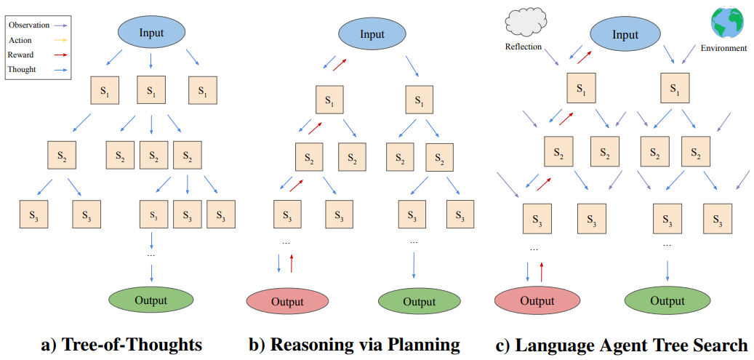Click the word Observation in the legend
point(29,25)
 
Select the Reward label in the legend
point(21,55)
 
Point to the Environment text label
point(723,48)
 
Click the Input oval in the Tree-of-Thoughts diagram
point(151,33)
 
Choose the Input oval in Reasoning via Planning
point(372,35)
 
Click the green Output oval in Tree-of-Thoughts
point(151,300)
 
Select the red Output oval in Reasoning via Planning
point(288,302)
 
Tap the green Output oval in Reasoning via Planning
point(420,302)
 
